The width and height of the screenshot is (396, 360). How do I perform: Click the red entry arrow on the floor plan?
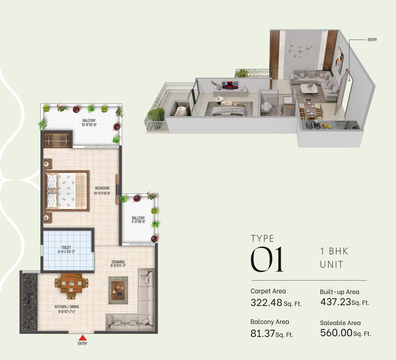pos(82,338)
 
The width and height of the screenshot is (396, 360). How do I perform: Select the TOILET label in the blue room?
pos(66,248)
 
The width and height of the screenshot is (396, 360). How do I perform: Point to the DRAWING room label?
pos(118,262)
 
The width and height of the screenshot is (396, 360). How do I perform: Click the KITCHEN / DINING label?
pos(67,307)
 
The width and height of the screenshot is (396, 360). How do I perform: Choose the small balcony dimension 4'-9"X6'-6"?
pos(138,222)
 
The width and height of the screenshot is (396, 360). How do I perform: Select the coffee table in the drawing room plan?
pos(118,289)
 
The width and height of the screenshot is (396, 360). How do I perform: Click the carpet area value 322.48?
pos(266,303)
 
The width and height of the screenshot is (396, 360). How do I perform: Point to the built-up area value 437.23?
pos(336,302)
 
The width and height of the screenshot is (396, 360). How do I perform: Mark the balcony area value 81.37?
pos(262,333)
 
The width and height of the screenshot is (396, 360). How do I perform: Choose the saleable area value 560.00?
pos(336,333)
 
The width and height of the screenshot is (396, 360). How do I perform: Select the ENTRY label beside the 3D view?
pos(372,40)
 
